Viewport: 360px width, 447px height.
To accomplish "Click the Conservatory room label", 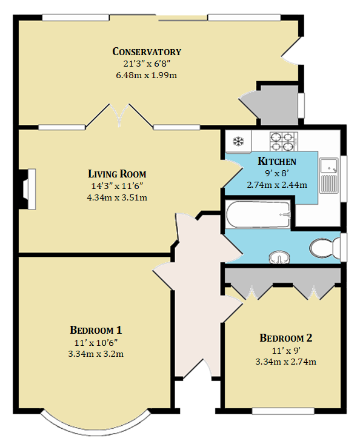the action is coord(147,51).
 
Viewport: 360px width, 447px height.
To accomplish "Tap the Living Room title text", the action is coord(117,174).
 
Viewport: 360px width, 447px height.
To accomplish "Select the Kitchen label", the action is coord(277,161).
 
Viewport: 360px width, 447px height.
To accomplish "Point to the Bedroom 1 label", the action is coord(96,330).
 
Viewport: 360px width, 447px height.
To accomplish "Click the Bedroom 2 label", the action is coord(286,338).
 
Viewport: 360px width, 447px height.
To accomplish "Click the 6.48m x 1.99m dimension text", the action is coord(146,75).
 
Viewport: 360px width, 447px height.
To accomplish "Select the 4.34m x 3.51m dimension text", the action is coord(117,197).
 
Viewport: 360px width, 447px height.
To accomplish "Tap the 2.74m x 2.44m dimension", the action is coord(277,185).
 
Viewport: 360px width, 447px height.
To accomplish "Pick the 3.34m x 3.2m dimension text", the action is coord(96,354).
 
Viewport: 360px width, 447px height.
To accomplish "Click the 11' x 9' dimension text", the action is coord(286,350).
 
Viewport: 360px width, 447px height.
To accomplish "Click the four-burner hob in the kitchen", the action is coord(284,141).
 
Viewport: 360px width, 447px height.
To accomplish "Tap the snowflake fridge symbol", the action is coord(238,141).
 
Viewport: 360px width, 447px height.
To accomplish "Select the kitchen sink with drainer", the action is coord(329,175).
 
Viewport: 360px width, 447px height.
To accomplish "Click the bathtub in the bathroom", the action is coord(258,214).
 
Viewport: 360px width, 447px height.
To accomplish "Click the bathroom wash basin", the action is coord(279,257).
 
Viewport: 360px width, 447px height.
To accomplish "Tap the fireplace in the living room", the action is coord(27,190).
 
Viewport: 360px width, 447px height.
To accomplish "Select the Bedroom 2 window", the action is coord(283,411).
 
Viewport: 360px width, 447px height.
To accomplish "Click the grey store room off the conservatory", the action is coord(277,105).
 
